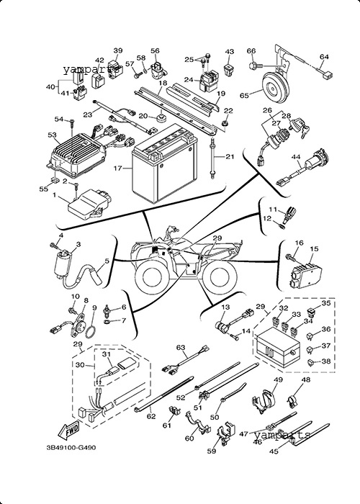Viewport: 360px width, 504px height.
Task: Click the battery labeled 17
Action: (x=165, y=164)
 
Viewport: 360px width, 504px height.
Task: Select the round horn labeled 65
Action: (x=276, y=86)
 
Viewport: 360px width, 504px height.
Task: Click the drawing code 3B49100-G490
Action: (x=71, y=447)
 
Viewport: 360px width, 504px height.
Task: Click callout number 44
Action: (x=295, y=157)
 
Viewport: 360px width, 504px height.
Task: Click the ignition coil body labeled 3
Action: (x=63, y=264)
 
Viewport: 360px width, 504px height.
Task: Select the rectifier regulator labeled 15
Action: (x=306, y=275)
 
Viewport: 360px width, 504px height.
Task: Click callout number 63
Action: (x=181, y=348)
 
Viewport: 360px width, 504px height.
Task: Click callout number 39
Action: (x=118, y=50)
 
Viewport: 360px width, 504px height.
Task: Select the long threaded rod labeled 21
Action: (x=212, y=158)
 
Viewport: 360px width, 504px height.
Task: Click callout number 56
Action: (x=155, y=50)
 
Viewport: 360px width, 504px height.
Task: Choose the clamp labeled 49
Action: (x=264, y=401)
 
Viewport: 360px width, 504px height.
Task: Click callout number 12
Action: (x=267, y=219)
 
